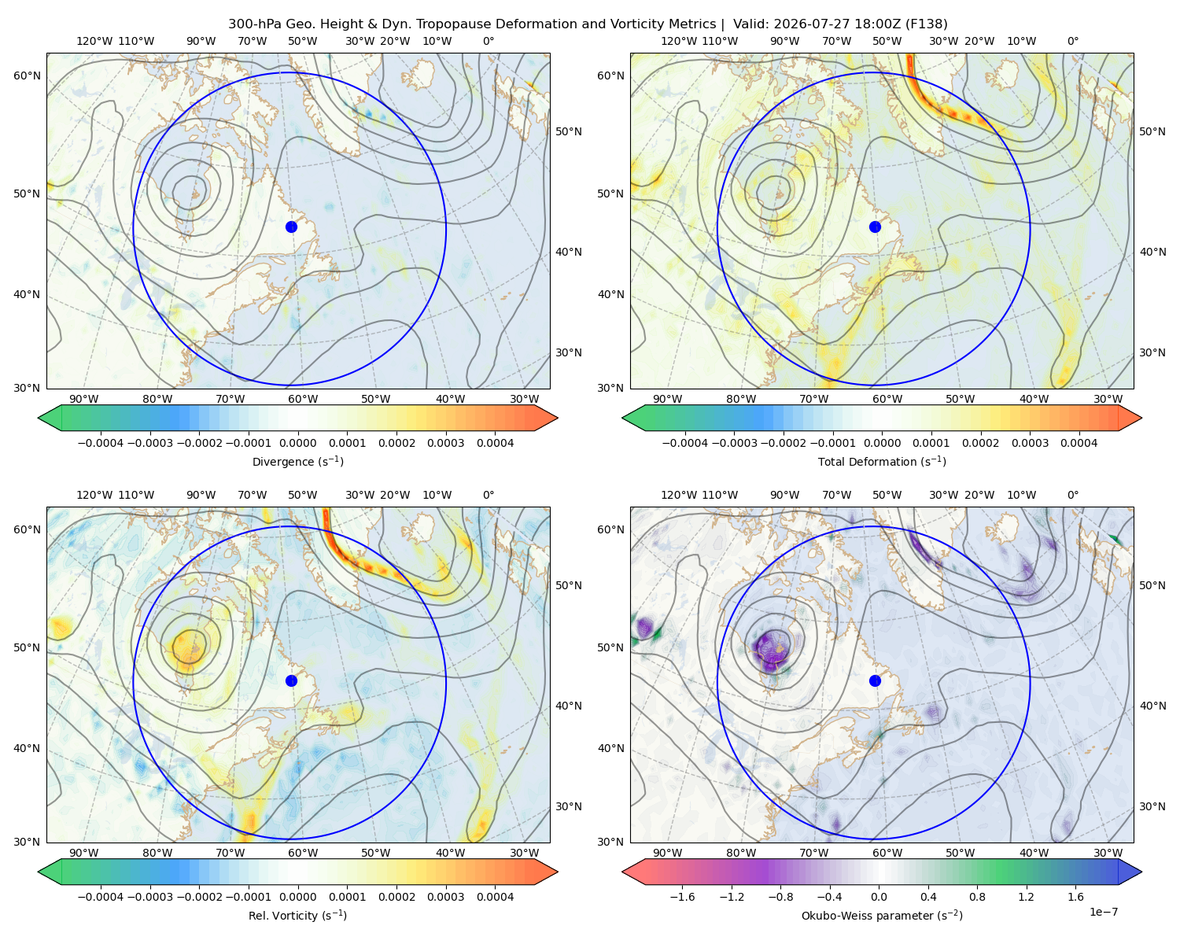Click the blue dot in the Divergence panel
[291, 227]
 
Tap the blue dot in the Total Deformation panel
[875, 227]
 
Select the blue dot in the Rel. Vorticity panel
[291, 680]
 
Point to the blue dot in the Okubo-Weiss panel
[875, 680]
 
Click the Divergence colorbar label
[297, 461]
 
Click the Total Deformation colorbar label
[882, 461]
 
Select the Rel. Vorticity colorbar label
[297, 915]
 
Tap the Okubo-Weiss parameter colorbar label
[882, 915]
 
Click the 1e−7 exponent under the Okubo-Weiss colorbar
[1103, 912]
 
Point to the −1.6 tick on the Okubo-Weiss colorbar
[682, 896]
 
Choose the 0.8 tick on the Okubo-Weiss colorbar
[977, 896]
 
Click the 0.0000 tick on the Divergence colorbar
[297, 443]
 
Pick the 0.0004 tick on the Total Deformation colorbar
[1079, 443]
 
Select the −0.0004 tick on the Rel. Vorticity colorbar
[101, 896]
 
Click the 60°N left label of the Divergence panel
[27, 76]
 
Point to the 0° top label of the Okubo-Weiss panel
[1072, 495]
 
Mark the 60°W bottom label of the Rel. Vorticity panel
[303, 853]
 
